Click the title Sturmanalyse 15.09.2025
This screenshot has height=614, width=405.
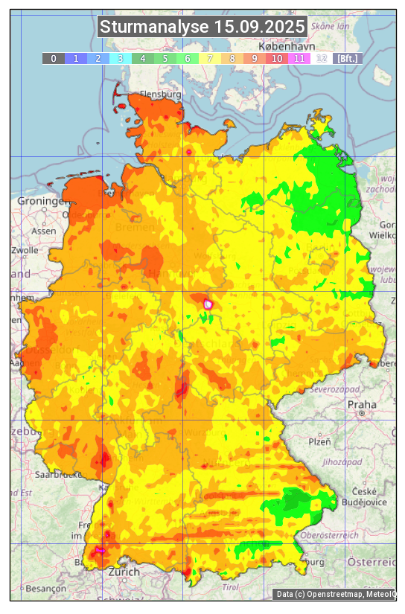coord(202,28)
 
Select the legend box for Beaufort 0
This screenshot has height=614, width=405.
coord(53,58)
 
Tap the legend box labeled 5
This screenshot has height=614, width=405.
coord(165,58)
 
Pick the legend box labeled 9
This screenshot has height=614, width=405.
coord(254,58)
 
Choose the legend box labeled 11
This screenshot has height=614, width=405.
coord(299,58)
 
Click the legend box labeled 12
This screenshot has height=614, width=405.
coord(321,58)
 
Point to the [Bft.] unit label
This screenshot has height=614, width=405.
coord(347,58)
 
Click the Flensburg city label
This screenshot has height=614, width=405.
coord(160,95)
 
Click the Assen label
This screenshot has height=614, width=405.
coord(44,231)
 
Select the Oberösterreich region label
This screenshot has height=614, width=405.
coord(330,535)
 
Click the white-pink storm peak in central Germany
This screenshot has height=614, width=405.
coord(208,304)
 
